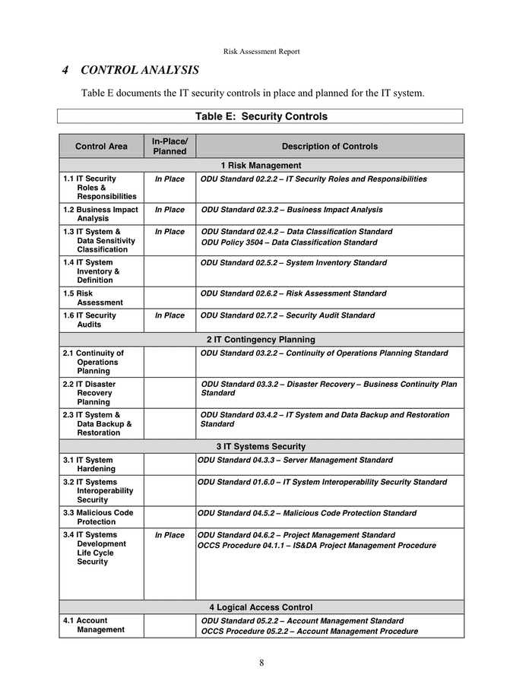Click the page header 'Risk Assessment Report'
pyautogui.click(x=261, y=52)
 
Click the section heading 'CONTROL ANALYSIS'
pyautogui.click(x=139, y=71)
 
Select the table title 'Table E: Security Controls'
pyautogui.click(x=261, y=116)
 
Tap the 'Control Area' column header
pyautogui.click(x=101, y=146)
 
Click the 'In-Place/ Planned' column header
pyautogui.click(x=169, y=146)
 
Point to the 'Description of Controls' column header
pyautogui.click(x=329, y=146)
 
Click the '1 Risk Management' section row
pyautogui.click(x=261, y=165)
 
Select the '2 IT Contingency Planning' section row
pyautogui.click(x=261, y=340)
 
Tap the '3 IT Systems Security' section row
pyautogui.click(x=261, y=446)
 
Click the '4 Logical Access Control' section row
pyautogui.click(x=261, y=607)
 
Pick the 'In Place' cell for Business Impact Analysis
pyautogui.click(x=169, y=210)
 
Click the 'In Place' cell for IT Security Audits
pyautogui.click(x=169, y=315)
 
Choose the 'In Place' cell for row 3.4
pyautogui.click(x=169, y=535)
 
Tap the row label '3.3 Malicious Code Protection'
pyautogui.click(x=98, y=518)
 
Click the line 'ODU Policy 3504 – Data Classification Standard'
pyautogui.click(x=289, y=242)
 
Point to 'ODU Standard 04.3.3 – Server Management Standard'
pyautogui.click(x=295, y=460)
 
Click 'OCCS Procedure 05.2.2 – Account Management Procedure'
pyautogui.click(x=309, y=632)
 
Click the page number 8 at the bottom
pyautogui.click(x=261, y=663)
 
